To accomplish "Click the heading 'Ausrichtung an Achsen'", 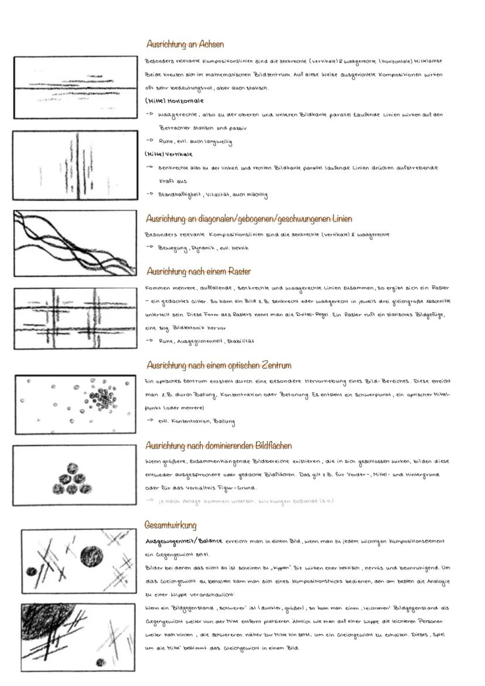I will coord(185,45).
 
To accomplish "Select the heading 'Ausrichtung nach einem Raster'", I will coord(199,272).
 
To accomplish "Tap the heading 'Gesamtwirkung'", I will coord(170,525).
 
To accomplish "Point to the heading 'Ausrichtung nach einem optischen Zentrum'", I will coord(218,366).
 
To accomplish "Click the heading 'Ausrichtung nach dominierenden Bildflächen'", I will coord(227,446).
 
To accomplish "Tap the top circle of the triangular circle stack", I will coord(73,468).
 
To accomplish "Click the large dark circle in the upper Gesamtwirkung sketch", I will coord(91,554).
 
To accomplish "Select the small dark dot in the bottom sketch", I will coord(100,663).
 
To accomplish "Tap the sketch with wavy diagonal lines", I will coord(75,243).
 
